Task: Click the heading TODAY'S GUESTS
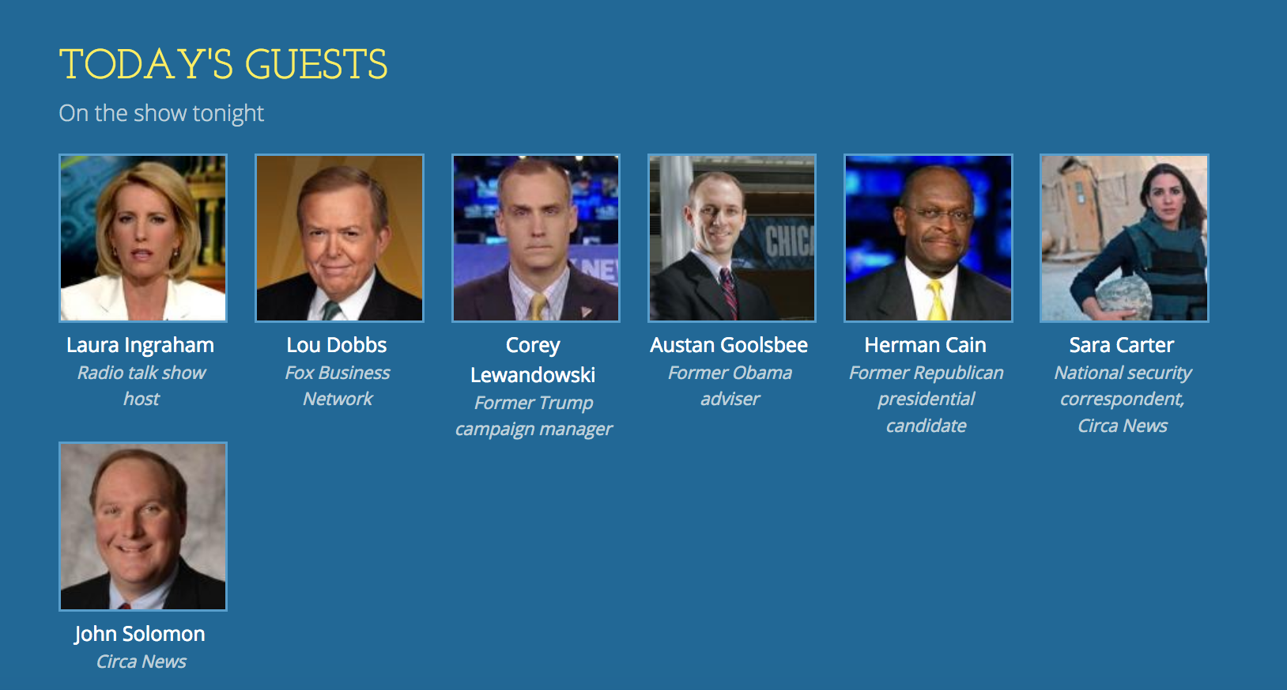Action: tap(223, 65)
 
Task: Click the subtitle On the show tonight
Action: tap(161, 113)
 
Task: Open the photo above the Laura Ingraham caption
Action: tap(143, 238)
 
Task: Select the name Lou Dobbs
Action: tap(337, 345)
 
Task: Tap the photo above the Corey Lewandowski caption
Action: tap(535, 238)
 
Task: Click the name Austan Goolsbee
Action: tap(729, 345)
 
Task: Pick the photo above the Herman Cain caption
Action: tap(928, 238)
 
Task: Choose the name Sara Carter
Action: tap(1121, 345)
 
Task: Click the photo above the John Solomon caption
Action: tap(143, 526)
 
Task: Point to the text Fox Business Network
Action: tap(338, 385)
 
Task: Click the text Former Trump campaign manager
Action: tap(534, 415)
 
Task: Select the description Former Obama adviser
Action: tap(730, 385)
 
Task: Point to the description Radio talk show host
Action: tap(142, 385)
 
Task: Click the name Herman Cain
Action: tap(925, 345)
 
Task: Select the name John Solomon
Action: tap(140, 634)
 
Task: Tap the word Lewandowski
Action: tap(533, 375)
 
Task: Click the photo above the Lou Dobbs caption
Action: tap(339, 238)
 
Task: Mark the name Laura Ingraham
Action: tap(140, 345)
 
